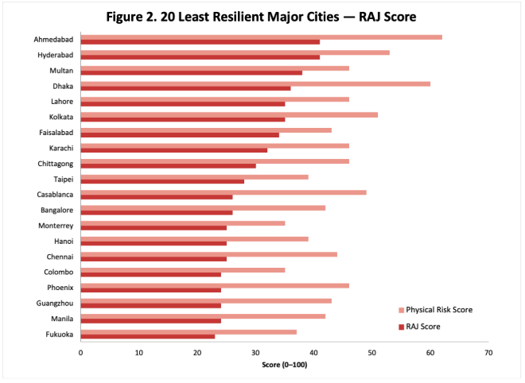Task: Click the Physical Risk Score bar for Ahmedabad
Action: [261, 37]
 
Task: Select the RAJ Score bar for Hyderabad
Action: [200, 57]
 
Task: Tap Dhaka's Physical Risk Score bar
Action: [255, 83]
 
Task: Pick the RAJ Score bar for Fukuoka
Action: [147, 336]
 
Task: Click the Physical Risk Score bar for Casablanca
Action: [223, 191]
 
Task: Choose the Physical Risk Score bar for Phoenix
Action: [214, 284]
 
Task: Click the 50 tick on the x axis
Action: [371, 352]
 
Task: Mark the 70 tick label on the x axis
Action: [488, 352]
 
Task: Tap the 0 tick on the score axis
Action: [80, 352]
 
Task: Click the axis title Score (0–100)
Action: [284, 365]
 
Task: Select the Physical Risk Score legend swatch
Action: [401, 309]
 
